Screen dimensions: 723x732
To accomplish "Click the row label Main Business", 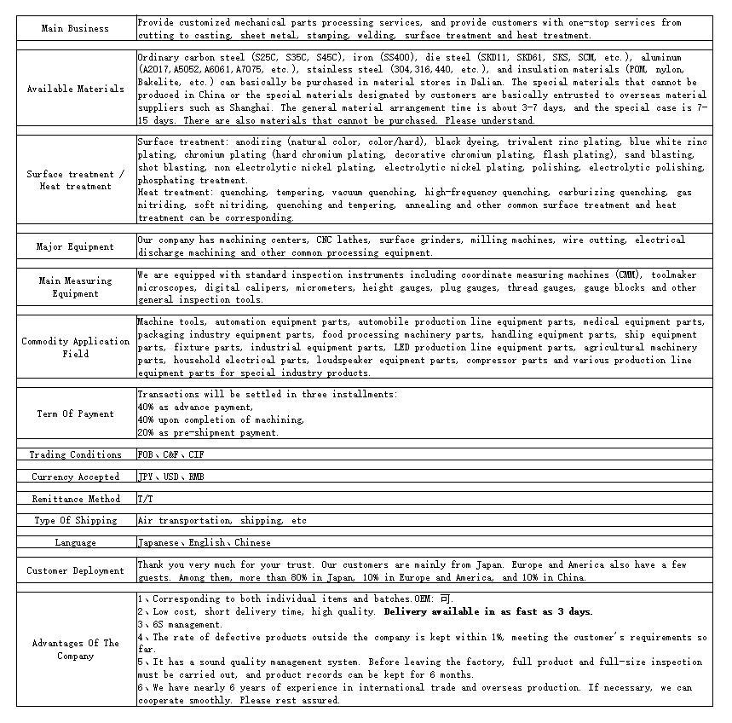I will click(75, 29).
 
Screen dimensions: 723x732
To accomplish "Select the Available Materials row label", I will click(75, 89).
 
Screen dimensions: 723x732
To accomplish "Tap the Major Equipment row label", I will click(75, 247).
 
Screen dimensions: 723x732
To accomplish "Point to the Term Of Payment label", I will click(75, 414).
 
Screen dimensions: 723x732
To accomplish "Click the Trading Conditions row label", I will click(75, 455).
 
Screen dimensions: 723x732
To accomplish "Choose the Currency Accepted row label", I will click(75, 477).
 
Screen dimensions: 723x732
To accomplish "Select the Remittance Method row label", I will click(75, 500).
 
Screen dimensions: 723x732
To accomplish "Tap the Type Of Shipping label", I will click(75, 521).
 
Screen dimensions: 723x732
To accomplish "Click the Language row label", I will click(75, 543).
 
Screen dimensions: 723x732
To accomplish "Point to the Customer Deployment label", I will click(75, 571).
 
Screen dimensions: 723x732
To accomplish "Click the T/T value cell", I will click(146, 499).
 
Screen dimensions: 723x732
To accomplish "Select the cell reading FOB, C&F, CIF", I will click(171, 455).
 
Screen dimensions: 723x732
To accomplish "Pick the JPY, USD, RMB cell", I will click(171, 477).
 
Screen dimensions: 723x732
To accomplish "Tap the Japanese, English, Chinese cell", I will click(205, 543).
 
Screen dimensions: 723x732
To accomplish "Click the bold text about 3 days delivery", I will click(488, 612).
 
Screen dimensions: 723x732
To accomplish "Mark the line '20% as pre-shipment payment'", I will click(208, 433).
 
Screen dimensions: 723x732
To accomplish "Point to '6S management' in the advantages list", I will click(175, 625).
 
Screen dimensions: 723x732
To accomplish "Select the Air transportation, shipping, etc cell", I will click(222, 521).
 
